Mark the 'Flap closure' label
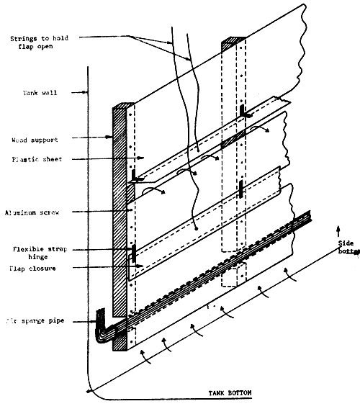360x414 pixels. pos(33,269)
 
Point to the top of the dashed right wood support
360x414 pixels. pos(233,37)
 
